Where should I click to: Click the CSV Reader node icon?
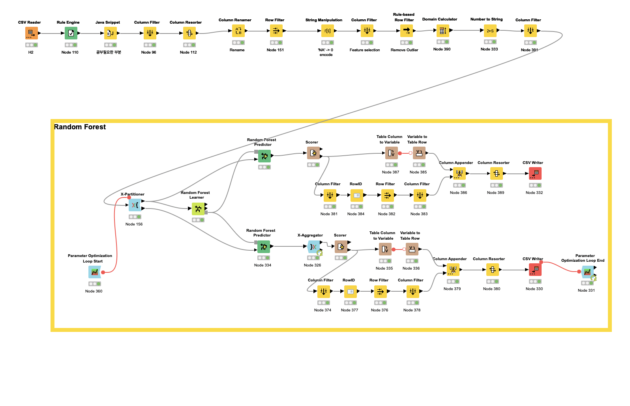pyautogui.click(x=31, y=33)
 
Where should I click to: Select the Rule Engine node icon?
pyautogui.click(x=71, y=33)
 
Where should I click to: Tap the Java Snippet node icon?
pyautogui.click(x=111, y=33)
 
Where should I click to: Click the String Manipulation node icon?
pyautogui.click(x=328, y=31)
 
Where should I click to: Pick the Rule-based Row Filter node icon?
pyautogui.click(x=407, y=31)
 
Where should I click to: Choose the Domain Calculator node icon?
pyautogui.click(x=443, y=30)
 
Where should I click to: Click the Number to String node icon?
pyautogui.click(x=490, y=31)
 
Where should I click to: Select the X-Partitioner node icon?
pyautogui.click(x=135, y=205)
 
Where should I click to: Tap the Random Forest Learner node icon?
pyautogui.click(x=198, y=209)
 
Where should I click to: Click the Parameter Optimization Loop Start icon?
pyautogui.click(x=95, y=272)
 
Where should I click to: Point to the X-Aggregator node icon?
pyautogui.click(x=314, y=247)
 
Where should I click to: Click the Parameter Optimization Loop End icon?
pyautogui.click(x=587, y=272)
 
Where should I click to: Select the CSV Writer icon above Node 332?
pyautogui.click(x=535, y=173)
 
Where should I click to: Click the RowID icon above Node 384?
pyautogui.click(x=357, y=195)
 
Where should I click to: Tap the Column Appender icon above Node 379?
pyautogui.click(x=453, y=270)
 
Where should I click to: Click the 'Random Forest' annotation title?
pyautogui.click(x=80, y=127)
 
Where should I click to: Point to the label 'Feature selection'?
pyautogui.click(x=365, y=50)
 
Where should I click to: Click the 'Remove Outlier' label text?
pyautogui.click(x=404, y=50)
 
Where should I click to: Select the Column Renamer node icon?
pyautogui.click(x=238, y=31)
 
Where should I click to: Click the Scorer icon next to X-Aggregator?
pyautogui.click(x=341, y=247)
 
